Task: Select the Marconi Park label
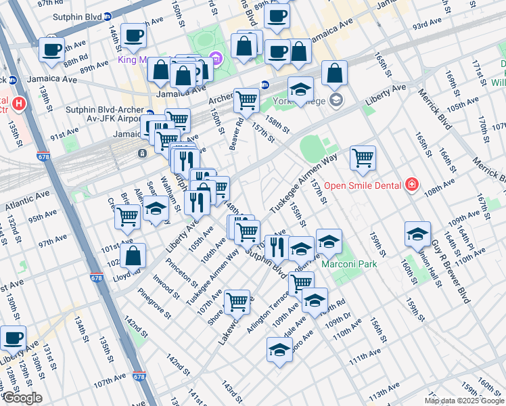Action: [348, 264]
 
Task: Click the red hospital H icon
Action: [19, 105]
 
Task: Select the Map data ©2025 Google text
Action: [464, 401]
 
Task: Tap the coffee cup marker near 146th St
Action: [133, 35]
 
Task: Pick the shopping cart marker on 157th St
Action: [363, 158]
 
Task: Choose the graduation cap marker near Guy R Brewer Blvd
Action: [417, 234]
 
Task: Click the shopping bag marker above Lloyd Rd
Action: [133, 256]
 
